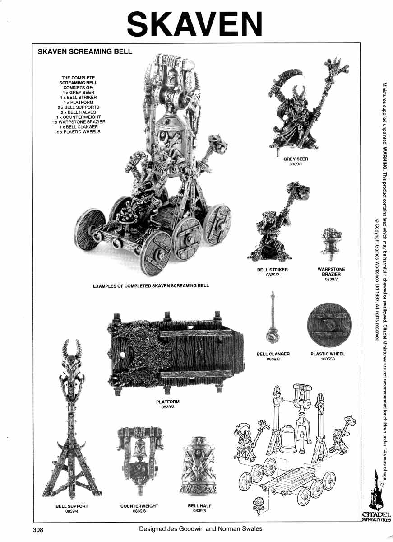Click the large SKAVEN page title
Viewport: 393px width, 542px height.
[x=194, y=23]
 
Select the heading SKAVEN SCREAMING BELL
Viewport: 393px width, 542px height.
[x=85, y=51]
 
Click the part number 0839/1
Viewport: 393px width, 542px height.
[x=296, y=164]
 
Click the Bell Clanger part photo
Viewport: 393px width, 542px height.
[x=273, y=318]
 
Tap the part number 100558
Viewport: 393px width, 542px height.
[x=328, y=359]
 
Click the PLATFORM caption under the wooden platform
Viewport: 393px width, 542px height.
[x=168, y=402]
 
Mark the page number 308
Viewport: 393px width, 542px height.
[x=38, y=530]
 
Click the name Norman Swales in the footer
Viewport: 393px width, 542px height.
[x=240, y=529]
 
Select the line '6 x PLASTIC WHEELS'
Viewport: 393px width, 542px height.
[x=79, y=132]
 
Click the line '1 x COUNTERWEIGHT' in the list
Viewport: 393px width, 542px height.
[x=79, y=117]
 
